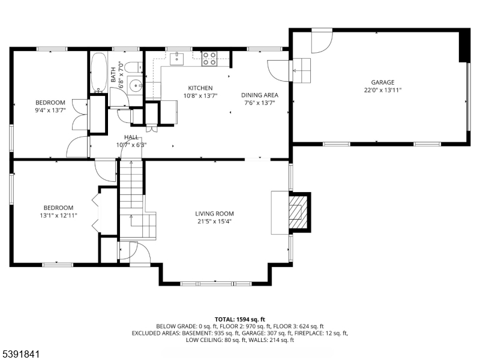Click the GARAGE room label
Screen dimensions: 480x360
coord(383,82)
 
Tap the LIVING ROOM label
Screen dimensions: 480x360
coord(214,214)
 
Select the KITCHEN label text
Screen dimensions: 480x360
coord(200,88)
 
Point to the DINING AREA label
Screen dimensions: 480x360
coord(260,95)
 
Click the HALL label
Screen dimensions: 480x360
coord(131,137)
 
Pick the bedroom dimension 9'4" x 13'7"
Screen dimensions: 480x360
coord(50,110)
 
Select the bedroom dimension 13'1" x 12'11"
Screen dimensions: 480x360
coord(58,215)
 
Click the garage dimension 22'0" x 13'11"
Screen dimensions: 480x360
coord(383,90)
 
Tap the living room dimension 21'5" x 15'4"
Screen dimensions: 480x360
coord(214,221)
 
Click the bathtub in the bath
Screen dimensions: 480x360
coord(98,72)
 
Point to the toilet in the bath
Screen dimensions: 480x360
coord(134,67)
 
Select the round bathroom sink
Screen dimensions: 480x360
coord(134,86)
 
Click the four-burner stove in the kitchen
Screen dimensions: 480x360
coord(209,59)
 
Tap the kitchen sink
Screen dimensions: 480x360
coord(176,59)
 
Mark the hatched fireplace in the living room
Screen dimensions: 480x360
coord(298,212)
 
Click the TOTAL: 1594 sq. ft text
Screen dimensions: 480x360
coord(239,320)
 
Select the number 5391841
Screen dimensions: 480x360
coord(20,354)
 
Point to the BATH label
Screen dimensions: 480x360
coord(113,74)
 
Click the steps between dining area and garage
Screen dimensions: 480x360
coord(302,71)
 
